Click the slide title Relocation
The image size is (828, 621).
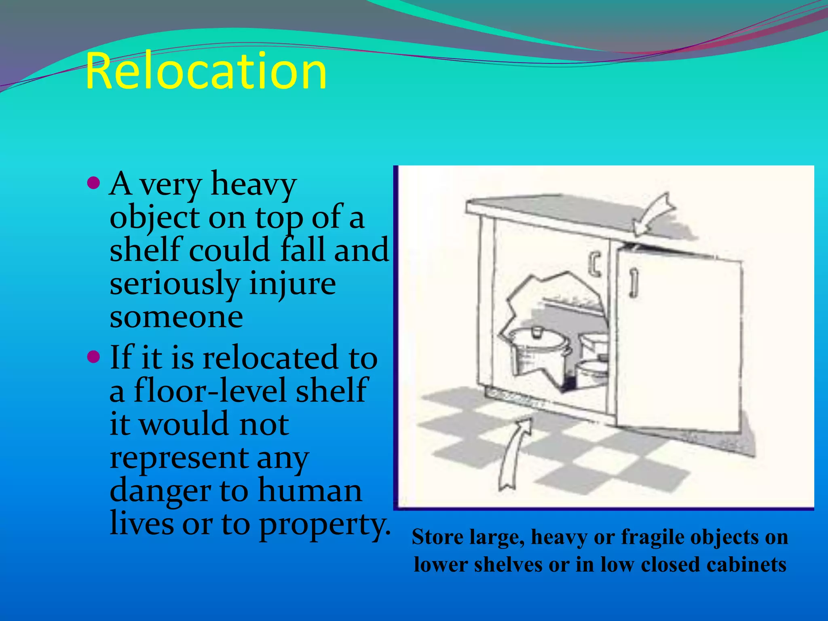pyautogui.click(x=206, y=72)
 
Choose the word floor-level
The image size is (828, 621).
pyautogui.click(x=211, y=391)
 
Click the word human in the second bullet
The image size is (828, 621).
pyautogui.click(x=310, y=491)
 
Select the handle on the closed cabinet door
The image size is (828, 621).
pyautogui.click(x=594, y=265)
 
